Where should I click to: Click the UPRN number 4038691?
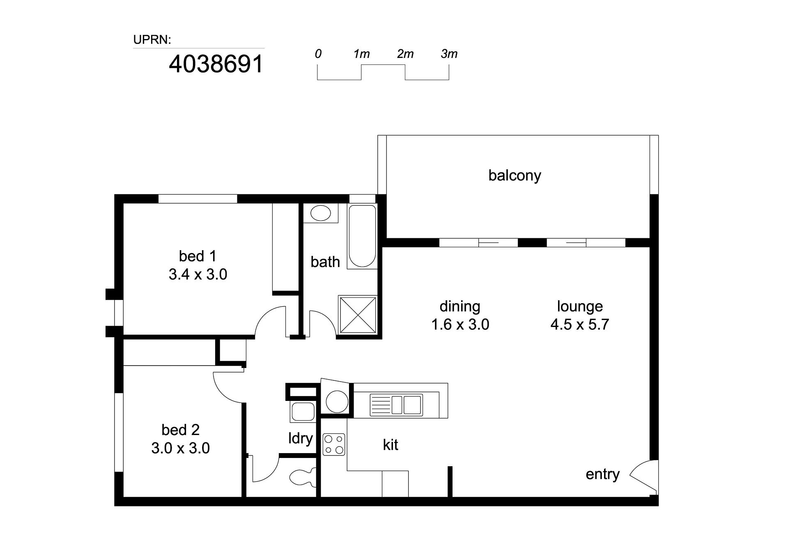point(216,64)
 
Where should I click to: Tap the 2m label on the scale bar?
point(405,54)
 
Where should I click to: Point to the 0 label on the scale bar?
point(318,54)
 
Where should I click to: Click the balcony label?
point(515,175)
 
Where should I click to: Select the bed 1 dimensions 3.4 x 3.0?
point(198,274)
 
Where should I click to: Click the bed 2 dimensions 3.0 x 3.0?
point(181,448)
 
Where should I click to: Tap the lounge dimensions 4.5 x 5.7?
point(580,324)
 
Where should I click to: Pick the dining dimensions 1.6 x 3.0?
point(460,324)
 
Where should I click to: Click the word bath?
point(325,262)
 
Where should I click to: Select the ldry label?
point(301,438)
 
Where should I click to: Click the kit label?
point(391,444)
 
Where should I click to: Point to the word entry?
point(602,474)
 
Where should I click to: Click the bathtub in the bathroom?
point(362,236)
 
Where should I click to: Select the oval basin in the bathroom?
point(321,213)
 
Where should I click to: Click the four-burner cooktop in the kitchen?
point(334,444)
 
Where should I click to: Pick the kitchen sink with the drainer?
point(396,405)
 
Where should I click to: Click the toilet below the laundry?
point(303,477)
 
